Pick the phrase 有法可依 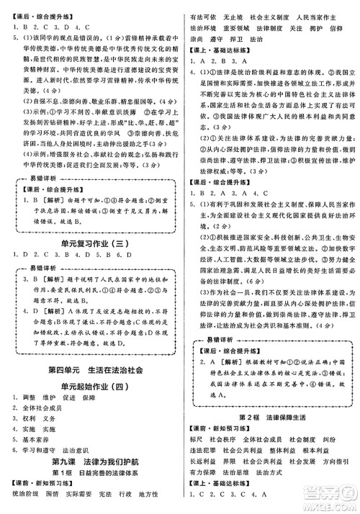coord(202,6)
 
